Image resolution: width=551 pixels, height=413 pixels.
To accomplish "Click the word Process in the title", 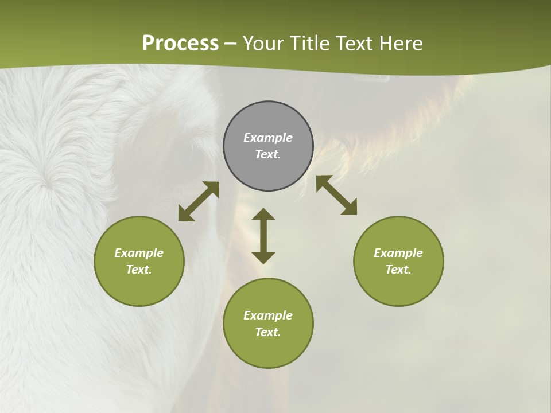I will click(180, 44).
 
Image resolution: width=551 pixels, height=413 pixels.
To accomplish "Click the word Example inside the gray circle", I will click(268, 138).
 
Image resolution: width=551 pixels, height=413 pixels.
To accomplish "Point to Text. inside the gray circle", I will click(268, 154).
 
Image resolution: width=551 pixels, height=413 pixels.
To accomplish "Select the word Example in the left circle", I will click(139, 253).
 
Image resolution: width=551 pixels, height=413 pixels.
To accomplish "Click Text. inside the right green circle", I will click(398, 270).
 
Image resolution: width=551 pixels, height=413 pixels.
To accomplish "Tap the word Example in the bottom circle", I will click(268, 315).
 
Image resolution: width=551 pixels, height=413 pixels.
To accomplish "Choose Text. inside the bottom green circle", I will click(268, 332).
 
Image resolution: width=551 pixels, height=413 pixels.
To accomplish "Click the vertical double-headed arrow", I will click(263, 236).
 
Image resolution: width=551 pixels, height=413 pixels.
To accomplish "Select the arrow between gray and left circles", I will click(199, 201).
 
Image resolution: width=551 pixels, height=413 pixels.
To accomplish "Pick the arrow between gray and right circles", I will click(336, 195).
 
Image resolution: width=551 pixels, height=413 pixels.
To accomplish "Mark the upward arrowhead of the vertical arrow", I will click(263, 214).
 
